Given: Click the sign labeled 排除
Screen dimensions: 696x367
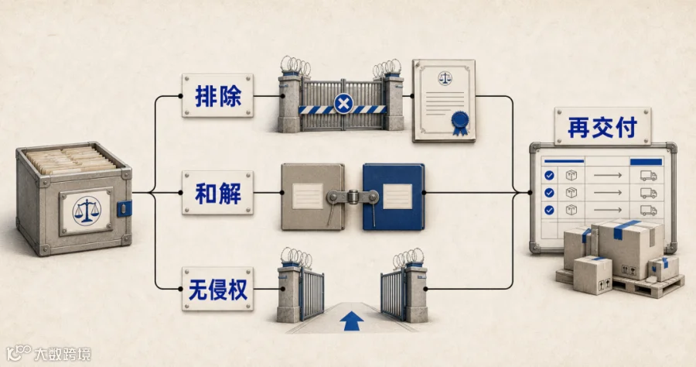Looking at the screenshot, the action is point(217,95).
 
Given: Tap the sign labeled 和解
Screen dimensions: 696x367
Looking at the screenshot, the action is point(217,192).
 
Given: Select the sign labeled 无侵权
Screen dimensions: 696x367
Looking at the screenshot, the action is point(217,289).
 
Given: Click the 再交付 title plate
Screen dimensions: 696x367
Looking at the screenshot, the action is point(602,126).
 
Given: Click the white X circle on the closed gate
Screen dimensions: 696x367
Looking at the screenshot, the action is point(343,105).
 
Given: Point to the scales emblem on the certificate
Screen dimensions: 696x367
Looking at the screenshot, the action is point(445,79).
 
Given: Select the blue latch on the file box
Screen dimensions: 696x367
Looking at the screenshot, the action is point(125,208).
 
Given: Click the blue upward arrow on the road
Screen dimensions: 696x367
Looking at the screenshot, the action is point(351,321).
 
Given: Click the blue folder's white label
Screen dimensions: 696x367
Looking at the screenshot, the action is point(397,196).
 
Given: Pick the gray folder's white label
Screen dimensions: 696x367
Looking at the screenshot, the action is point(307,196).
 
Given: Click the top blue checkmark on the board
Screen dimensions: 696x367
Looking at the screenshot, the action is point(549,176).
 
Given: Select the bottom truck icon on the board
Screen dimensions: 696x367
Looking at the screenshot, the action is point(648,210).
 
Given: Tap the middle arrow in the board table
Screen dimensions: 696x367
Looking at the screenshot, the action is point(608,193).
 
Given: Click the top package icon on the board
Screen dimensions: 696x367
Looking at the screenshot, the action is point(571,176).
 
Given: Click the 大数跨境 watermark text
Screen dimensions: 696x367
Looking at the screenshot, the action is point(63,354).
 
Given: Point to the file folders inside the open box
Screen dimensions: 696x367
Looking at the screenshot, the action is point(71,160).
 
